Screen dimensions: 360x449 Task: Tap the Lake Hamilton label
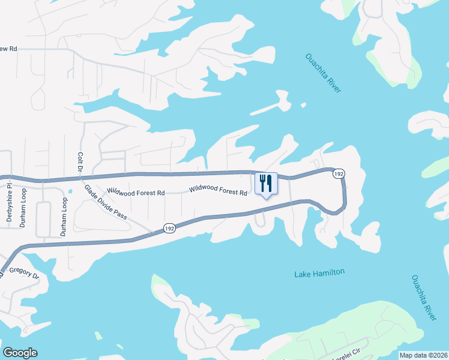click(x=319, y=273)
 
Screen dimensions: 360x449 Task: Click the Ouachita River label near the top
click(x=322, y=73)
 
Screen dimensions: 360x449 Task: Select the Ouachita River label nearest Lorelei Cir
click(x=423, y=298)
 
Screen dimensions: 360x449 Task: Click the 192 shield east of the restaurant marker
click(x=339, y=173)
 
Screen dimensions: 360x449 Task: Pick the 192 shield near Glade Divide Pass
click(x=169, y=228)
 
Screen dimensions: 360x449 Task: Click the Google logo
click(x=19, y=353)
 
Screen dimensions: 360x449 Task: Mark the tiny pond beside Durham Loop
click(x=70, y=191)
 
